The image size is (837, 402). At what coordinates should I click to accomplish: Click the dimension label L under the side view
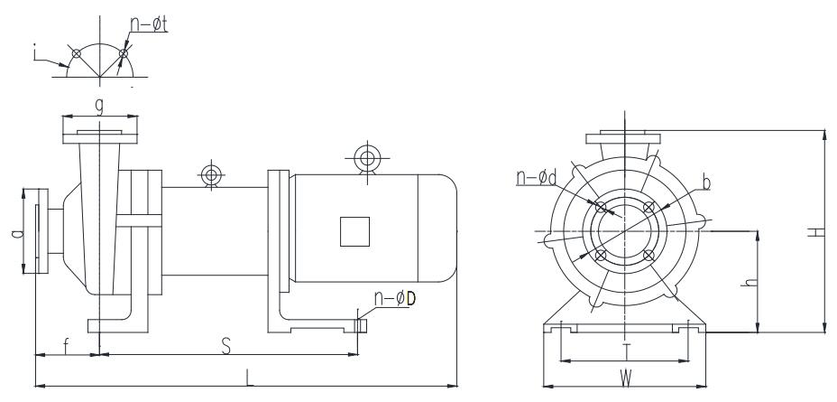(x=248, y=378)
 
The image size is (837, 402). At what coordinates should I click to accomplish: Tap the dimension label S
(x=226, y=346)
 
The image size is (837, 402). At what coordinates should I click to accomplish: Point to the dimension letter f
(x=66, y=346)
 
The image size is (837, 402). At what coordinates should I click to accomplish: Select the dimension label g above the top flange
(x=99, y=107)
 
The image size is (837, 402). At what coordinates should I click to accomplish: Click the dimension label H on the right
(x=816, y=231)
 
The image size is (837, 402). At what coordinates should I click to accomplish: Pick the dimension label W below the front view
(x=626, y=379)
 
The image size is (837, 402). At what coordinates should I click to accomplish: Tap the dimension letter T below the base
(x=627, y=351)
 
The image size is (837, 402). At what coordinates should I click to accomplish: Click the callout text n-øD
(x=394, y=298)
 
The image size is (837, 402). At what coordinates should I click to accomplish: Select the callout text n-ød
(x=536, y=177)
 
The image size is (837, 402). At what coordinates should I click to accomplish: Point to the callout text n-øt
(x=149, y=23)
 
